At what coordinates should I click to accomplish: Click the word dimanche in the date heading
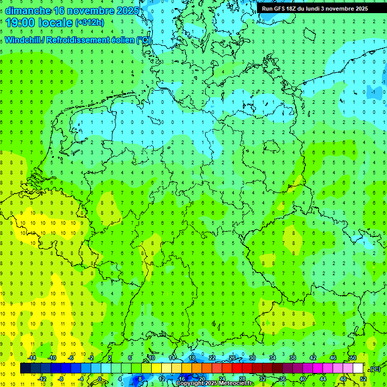pyautogui.click(x=28, y=10)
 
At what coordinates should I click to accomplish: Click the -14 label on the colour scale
pyautogui.click(x=32, y=358)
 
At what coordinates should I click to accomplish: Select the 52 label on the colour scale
pyautogui.click(x=363, y=378)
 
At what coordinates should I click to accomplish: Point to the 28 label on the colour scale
pyautogui.click(x=242, y=378)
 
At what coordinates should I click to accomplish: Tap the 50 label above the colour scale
pyautogui.click(x=353, y=358)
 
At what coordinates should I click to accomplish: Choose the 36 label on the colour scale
pyautogui.click(x=283, y=378)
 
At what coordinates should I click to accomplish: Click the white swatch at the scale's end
pyautogui.click(x=358, y=368)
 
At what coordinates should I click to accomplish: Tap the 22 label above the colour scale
pyautogui.click(x=212, y=358)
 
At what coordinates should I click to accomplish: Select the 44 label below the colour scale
pyautogui.click(x=323, y=378)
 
